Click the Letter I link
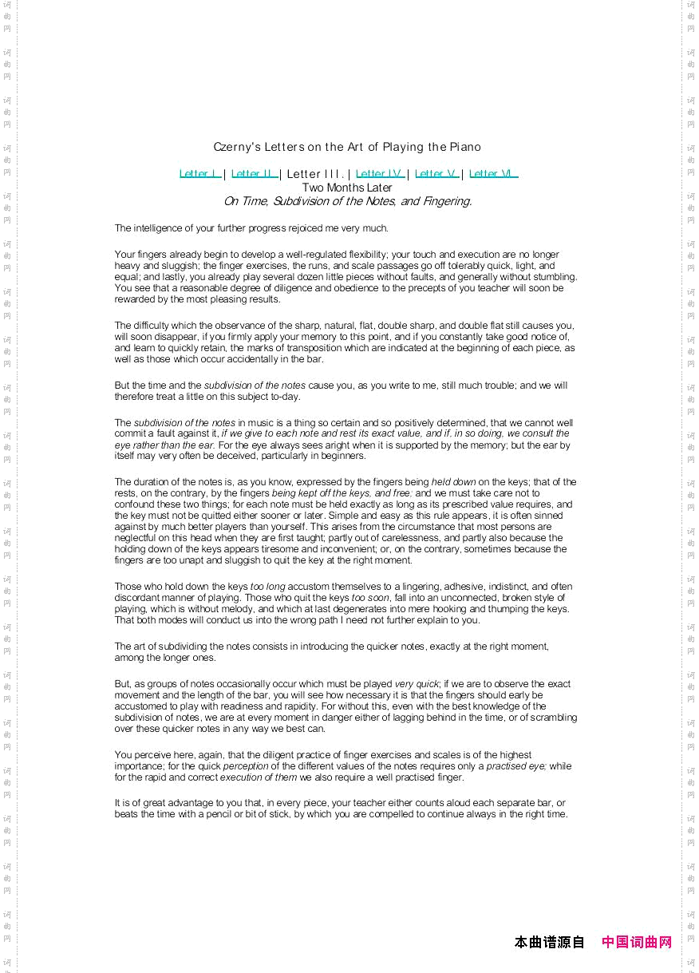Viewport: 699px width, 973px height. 199,174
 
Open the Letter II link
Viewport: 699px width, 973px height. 254,174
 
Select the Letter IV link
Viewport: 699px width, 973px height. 379,174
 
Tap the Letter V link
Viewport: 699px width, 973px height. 436,174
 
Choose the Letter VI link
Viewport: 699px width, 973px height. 492,174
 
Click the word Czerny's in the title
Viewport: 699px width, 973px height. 238,147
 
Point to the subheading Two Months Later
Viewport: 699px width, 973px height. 347,188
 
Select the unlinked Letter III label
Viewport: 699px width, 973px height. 314,174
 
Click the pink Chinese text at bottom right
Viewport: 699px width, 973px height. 637,942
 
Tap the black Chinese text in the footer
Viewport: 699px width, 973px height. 550,942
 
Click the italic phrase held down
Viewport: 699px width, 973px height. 454,482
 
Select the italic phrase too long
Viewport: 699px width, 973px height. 267,587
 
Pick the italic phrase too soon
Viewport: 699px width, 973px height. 370,598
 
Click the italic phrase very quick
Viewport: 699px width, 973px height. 417,684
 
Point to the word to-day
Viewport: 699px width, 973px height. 286,397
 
